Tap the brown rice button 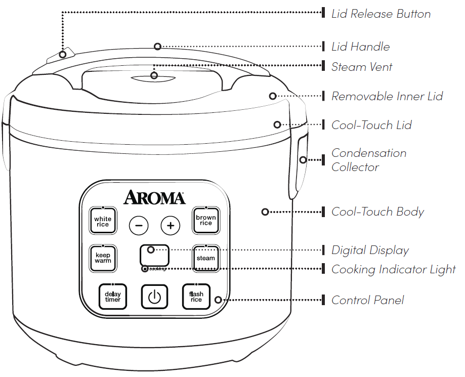point(205,220)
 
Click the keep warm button point(103,258)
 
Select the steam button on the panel point(205,258)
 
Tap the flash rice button point(196,297)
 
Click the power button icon point(154,297)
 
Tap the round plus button point(171,226)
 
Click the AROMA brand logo point(154,197)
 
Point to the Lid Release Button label point(381,14)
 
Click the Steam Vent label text point(362,67)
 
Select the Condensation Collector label point(369,160)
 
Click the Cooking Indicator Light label point(394,269)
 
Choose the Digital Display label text point(370,250)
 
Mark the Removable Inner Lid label point(387,96)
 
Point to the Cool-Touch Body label point(377,212)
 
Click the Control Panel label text point(368,300)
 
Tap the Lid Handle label point(360,47)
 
